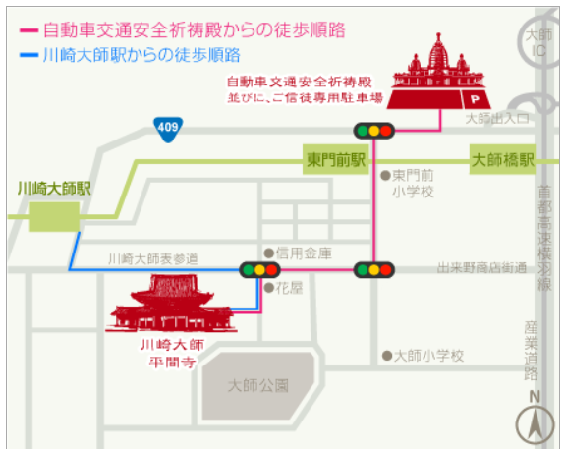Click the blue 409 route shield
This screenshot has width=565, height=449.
point(168,129)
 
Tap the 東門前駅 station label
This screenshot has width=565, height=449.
point(336,159)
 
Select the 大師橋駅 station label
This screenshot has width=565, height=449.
point(502,159)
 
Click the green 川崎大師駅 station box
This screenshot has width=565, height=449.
point(54,216)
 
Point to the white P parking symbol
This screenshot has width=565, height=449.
point(475,99)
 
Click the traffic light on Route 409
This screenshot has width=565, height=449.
point(374,131)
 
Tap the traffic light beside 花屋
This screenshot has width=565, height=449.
point(259,269)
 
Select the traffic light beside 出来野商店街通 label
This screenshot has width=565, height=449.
point(374,269)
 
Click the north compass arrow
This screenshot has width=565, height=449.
point(535,424)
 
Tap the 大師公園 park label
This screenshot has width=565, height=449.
point(258,385)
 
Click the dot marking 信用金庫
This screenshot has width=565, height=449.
point(269,253)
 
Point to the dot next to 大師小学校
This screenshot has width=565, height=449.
point(387,356)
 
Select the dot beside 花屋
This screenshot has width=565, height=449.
point(269,288)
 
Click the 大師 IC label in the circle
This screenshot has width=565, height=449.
point(538,43)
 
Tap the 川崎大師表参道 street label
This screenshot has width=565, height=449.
point(153,258)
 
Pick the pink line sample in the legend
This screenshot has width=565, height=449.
point(28,30)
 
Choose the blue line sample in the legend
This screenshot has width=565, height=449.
point(28,55)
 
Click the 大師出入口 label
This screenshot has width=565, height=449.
point(497,118)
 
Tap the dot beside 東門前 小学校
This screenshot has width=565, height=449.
point(385,176)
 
